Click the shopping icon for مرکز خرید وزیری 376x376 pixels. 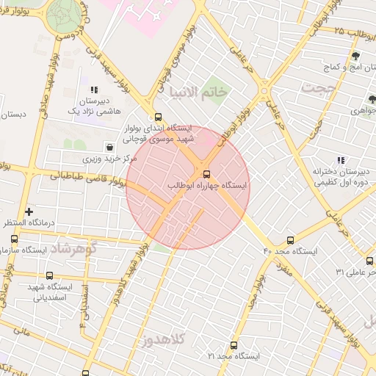click(109, 146)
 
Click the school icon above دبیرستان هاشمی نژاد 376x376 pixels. click(93, 90)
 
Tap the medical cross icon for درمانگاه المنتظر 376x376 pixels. click(29, 211)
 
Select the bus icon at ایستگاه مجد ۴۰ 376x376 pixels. click(291, 240)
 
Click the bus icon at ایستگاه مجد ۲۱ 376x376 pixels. click(234, 344)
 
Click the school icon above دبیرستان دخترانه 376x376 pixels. click(340, 159)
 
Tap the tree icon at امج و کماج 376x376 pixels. click(355, 56)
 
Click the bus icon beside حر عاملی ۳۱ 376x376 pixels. click(369, 261)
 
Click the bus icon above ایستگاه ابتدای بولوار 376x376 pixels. click(158, 117)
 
